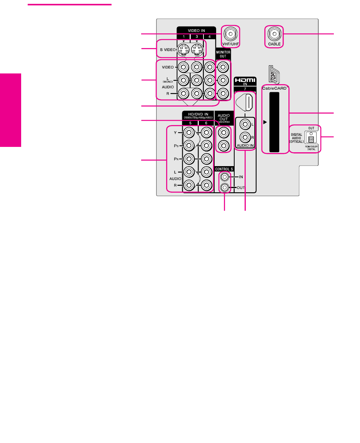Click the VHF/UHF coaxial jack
pyautogui.click(x=230, y=34)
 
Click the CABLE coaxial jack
pyautogui.click(x=274, y=34)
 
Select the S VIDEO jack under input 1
pyautogui.click(x=183, y=50)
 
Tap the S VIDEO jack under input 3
pyautogui.click(x=197, y=50)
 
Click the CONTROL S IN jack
pyautogui.click(x=224, y=177)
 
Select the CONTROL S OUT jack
pyautogui.click(x=224, y=188)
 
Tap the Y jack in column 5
pyautogui.click(x=189, y=133)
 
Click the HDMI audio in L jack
pyautogui.click(x=245, y=124)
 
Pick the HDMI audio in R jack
pyautogui.click(x=245, y=137)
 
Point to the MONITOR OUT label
pyautogui.click(x=223, y=53)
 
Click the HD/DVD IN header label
pyautogui.click(x=197, y=115)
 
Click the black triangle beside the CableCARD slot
pyautogui.click(x=265, y=123)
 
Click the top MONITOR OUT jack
pyautogui.click(x=223, y=67)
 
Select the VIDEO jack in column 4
pyautogui.click(x=209, y=67)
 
